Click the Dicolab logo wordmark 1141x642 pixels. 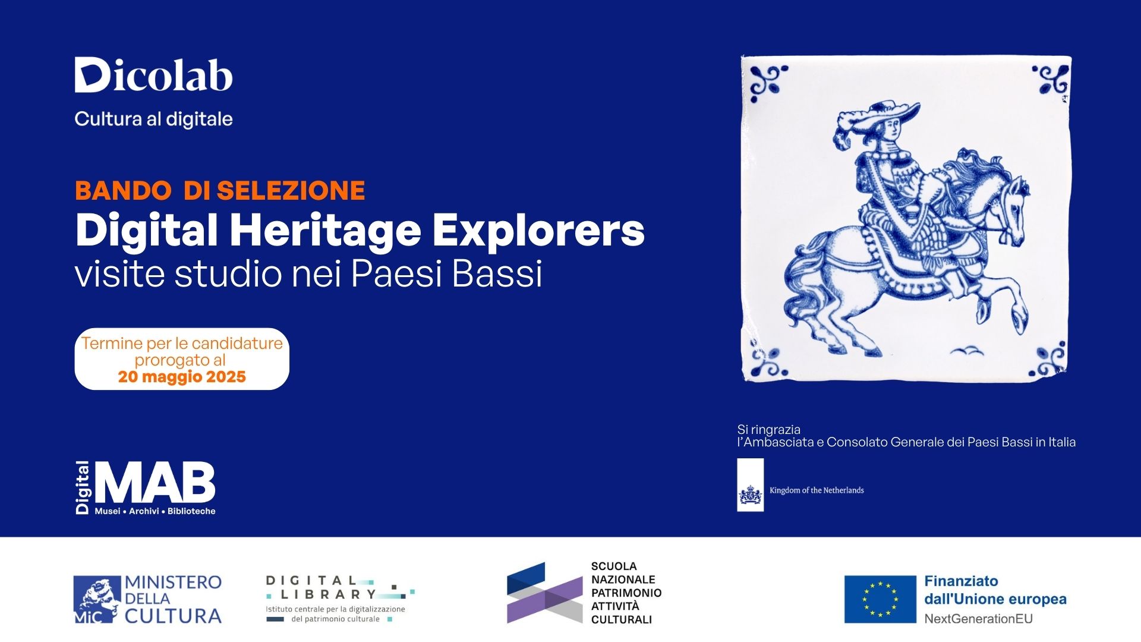153,75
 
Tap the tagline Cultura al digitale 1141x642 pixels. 153,119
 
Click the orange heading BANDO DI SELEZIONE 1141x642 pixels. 220,190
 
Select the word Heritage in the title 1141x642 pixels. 326,231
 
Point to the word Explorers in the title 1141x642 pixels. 538,231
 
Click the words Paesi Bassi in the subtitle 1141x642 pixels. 446,273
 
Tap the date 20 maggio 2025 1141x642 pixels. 182,377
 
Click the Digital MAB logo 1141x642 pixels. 145,487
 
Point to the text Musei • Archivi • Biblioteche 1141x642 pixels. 155,511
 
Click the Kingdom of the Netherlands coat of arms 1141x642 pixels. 751,494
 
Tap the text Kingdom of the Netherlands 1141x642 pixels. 817,490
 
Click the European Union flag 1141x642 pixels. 880,599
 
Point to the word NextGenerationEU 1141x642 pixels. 978,619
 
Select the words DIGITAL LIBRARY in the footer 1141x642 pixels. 321,587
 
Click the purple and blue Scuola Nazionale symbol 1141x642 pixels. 544,593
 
